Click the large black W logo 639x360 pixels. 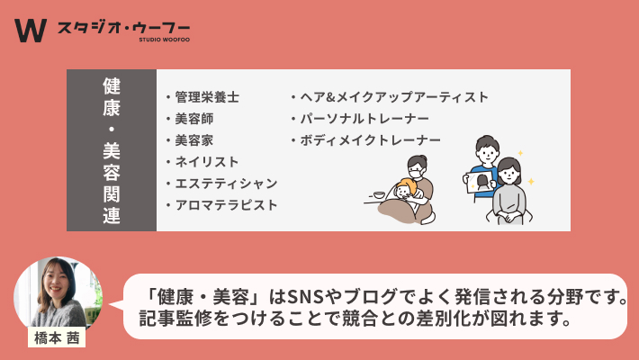pyautogui.click(x=31, y=31)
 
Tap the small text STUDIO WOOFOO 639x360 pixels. pyautogui.click(x=164, y=40)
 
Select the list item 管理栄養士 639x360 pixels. pyautogui.click(x=207, y=97)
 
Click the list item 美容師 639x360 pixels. pyautogui.click(x=194, y=119)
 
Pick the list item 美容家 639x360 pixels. pyautogui.click(x=194, y=140)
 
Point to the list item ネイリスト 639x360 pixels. pyautogui.click(x=207, y=162)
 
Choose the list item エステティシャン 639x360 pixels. pyautogui.click(x=226, y=184)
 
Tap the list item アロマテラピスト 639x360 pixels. pyautogui.click(x=226, y=205)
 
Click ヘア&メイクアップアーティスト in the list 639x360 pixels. pyautogui.click(x=394, y=97)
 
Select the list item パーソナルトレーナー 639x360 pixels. pyautogui.click(x=364, y=119)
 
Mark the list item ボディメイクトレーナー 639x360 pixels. pyautogui.click(x=371, y=140)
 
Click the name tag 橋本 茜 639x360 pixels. pyautogui.click(x=57, y=337)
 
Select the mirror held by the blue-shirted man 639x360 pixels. pyautogui.click(x=479, y=182)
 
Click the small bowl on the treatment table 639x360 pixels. pyautogui.click(x=379, y=195)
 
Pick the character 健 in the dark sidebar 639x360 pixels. pyautogui.click(x=112, y=86)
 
